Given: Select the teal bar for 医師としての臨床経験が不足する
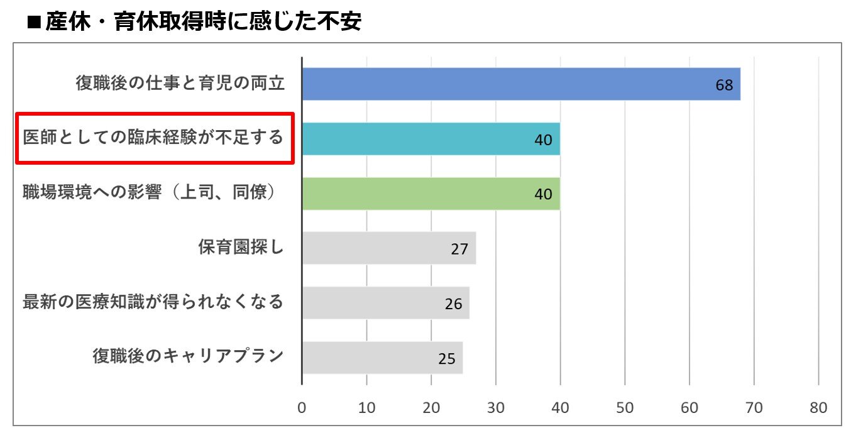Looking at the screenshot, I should coord(431,139).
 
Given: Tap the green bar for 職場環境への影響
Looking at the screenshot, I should coord(431,194).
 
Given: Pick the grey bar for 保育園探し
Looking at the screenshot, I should coord(388,248).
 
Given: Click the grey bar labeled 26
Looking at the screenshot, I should coord(385,303).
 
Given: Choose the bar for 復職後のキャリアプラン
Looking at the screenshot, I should coord(382,358).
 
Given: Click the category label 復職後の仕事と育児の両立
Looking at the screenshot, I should coord(180,84).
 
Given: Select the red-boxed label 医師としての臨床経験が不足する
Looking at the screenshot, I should coord(154,138).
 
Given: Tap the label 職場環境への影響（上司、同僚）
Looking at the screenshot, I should coord(151,193).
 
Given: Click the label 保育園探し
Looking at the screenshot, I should coord(241,248).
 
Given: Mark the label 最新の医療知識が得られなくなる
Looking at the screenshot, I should coord(153,302).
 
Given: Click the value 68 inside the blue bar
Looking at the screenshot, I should coord(724,85).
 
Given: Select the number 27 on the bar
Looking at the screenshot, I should coord(459,249).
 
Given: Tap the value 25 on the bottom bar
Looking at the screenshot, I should coord(446,359).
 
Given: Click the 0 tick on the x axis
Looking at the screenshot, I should coord(302,407).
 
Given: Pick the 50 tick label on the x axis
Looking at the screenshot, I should coord(625,407).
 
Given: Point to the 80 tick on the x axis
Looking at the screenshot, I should coord(818,407).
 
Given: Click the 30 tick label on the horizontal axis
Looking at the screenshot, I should coord(496,407).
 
